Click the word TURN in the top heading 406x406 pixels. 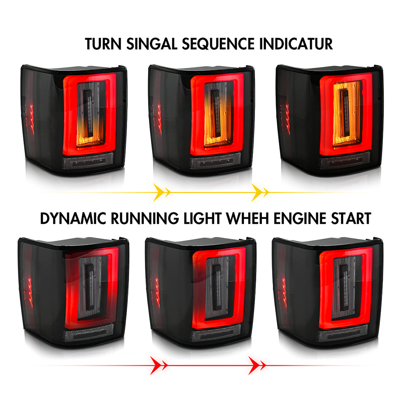point(103,44)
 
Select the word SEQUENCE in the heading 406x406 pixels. point(218,44)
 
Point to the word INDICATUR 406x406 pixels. point(296,44)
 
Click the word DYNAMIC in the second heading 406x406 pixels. point(73,218)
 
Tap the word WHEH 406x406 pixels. point(248,218)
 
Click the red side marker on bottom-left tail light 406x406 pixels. point(29,293)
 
